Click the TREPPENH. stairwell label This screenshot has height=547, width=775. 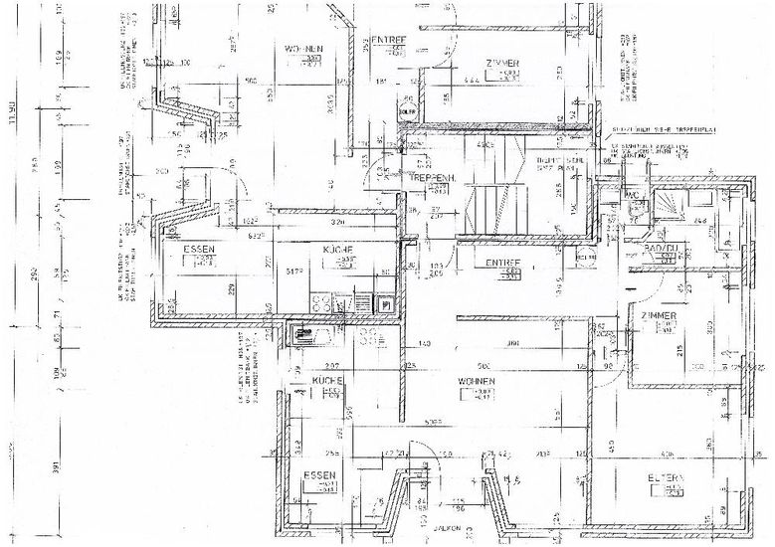(432, 177)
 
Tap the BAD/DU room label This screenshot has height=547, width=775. (661, 248)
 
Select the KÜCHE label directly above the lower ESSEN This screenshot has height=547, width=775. (327, 381)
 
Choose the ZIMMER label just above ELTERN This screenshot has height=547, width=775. (659, 316)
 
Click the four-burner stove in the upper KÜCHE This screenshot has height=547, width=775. (325, 300)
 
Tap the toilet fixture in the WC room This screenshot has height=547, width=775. (636, 208)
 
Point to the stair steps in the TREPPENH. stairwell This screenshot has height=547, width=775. (494, 204)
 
